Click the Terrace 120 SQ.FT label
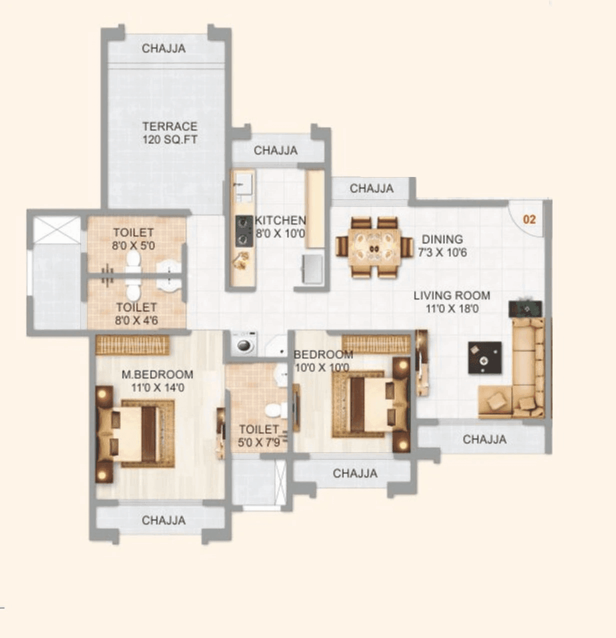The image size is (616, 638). [x=169, y=133]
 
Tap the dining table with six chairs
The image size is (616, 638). [x=374, y=247]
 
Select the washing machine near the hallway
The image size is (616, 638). [x=244, y=344]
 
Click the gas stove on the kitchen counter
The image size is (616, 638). [x=244, y=230]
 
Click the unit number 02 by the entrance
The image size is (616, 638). [x=529, y=219]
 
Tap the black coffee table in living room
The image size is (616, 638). [x=484, y=357]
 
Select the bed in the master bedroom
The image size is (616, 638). [x=135, y=433]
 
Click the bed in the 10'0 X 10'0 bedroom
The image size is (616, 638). [x=371, y=404]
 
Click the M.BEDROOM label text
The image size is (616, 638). [x=157, y=374]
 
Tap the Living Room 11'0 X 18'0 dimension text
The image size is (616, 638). [x=451, y=308]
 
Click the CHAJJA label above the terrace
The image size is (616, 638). [x=163, y=48]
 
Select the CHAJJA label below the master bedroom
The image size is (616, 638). [x=163, y=520]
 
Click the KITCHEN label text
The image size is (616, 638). [x=280, y=220]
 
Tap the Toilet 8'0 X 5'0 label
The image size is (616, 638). [x=133, y=239]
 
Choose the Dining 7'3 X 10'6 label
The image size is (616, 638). [x=442, y=246]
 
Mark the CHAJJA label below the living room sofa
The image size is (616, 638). [x=484, y=439]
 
